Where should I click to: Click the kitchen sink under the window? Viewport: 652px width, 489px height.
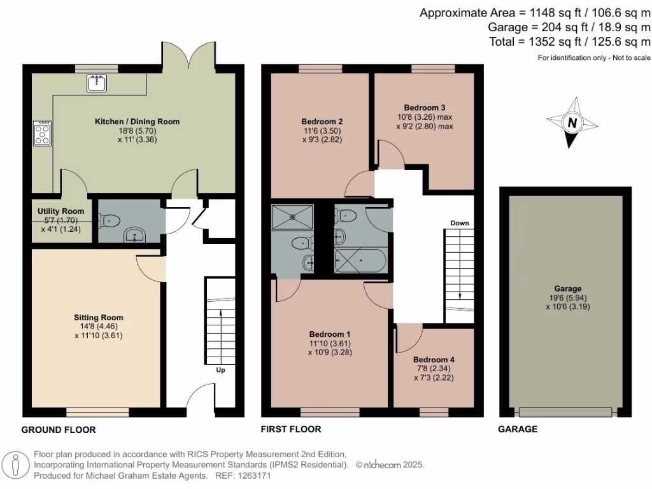point(97,83)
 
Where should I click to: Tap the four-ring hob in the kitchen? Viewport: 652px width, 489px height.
point(43,134)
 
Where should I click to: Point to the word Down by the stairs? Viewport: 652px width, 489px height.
point(460,223)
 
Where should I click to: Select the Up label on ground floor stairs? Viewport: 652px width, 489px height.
point(220,370)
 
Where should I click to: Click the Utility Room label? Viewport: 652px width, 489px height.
point(60,211)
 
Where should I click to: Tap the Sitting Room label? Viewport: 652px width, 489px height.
point(99,317)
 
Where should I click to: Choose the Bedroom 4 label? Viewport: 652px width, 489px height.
point(434,359)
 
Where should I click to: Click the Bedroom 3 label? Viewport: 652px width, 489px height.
point(424,107)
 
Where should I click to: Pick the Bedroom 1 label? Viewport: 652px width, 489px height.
point(330,334)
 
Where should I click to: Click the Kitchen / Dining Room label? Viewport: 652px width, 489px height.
point(138,122)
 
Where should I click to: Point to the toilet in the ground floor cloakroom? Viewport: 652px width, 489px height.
point(110,221)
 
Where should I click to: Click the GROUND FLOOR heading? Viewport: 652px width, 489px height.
point(59,430)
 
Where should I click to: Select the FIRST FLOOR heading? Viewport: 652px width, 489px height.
point(291,429)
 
